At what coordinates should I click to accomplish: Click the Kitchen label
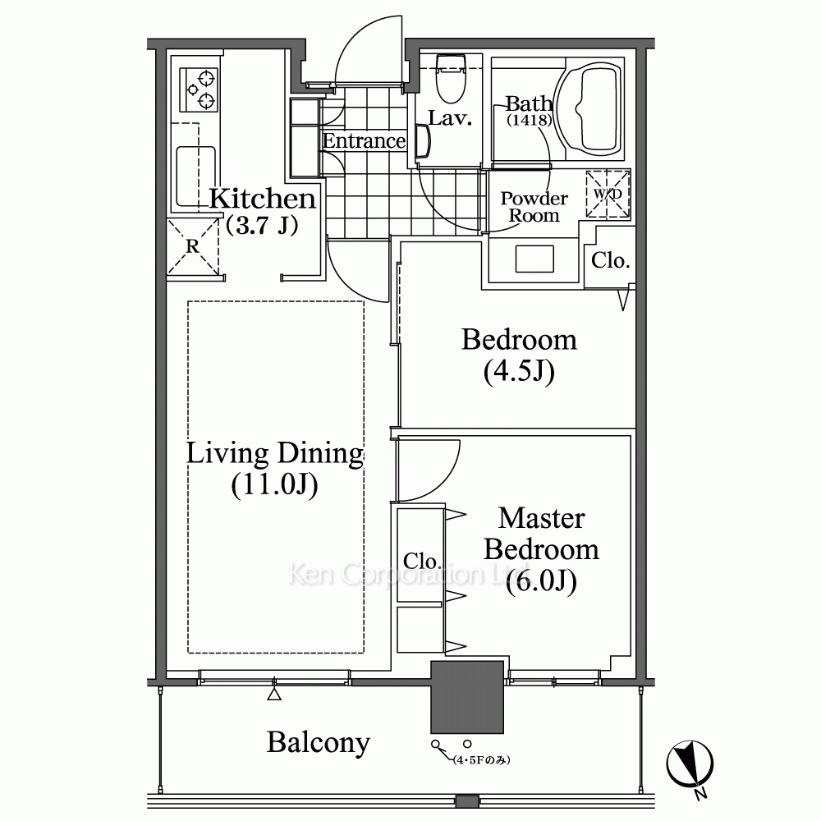(x=263, y=199)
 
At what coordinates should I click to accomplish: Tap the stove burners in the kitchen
(x=199, y=89)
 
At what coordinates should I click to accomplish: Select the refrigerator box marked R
(x=193, y=246)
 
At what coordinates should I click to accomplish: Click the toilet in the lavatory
(x=451, y=79)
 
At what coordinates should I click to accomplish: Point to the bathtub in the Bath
(x=589, y=111)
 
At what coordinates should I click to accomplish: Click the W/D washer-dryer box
(x=608, y=194)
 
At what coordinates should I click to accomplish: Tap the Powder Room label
(x=534, y=207)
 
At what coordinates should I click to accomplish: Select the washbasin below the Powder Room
(x=534, y=259)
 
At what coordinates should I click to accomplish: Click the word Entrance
(x=364, y=141)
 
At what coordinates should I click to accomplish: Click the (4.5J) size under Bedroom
(x=519, y=372)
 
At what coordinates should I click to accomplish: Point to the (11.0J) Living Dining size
(x=274, y=485)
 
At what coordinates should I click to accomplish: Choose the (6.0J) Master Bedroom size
(x=541, y=581)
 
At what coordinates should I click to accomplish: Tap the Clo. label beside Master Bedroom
(x=421, y=562)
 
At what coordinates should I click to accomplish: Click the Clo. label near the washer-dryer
(x=610, y=260)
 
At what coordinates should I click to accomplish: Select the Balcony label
(x=319, y=743)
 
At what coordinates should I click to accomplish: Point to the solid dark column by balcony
(x=467, y=697)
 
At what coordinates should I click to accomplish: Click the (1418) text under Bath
(x=530, y=120)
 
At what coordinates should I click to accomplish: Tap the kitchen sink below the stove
(x=196, y=176)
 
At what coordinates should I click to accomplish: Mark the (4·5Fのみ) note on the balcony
(x=482, y=759)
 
